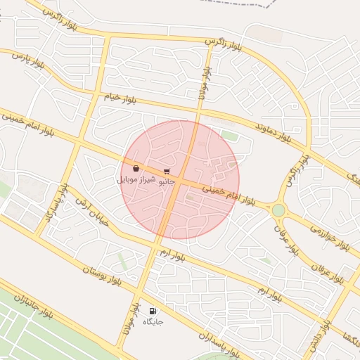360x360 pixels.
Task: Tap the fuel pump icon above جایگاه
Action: click(x=153, y=311)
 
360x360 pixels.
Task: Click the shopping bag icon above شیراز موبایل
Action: click(x=135, y=169)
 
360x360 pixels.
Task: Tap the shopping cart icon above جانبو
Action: click(x=167, y=171)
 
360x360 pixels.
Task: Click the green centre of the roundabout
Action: click(x=278, y=210)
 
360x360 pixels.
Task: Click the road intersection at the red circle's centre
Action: click(x=181, y=181)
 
